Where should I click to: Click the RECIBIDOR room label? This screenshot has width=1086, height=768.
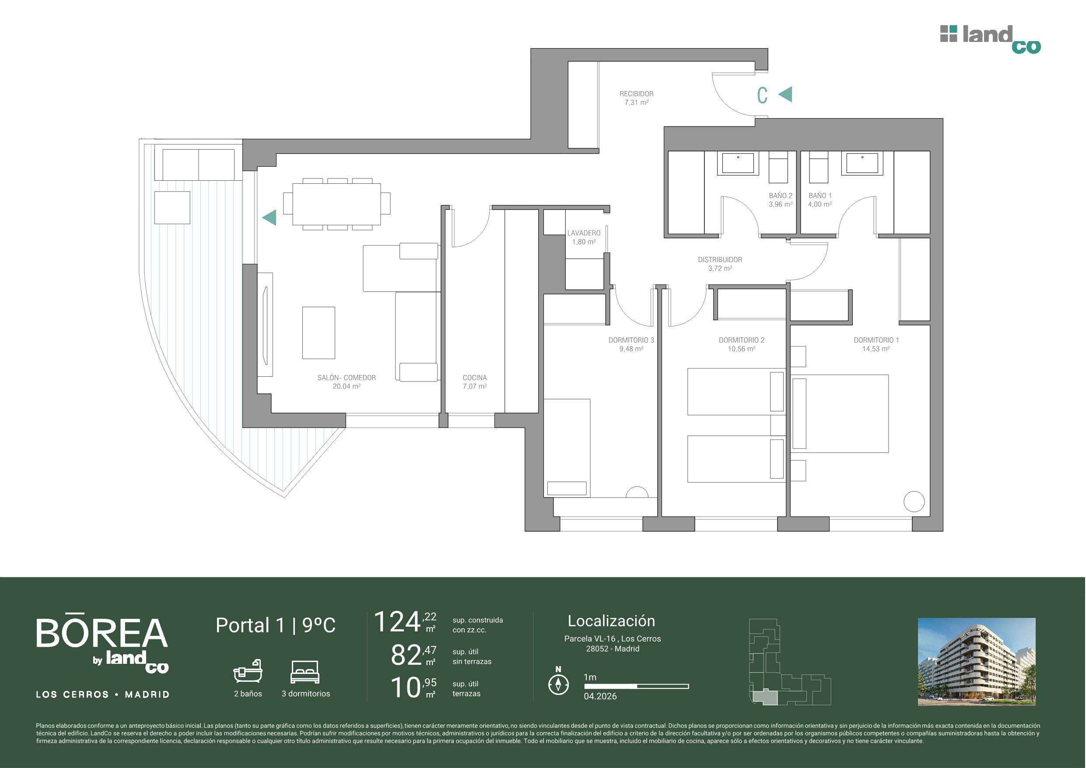click(636, 94)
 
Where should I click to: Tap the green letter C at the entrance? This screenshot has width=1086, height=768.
click(762, 95)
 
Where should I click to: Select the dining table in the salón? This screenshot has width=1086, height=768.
click(337, 204)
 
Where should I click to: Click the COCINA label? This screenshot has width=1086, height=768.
click(474, 378)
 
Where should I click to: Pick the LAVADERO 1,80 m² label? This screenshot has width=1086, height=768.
click(584, 237)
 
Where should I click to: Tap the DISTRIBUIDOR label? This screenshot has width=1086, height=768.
click(720, 260)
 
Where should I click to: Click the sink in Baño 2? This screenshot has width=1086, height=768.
click(738, 163)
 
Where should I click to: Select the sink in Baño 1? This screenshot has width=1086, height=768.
click(862, 163)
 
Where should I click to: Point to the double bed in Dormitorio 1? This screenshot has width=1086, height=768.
click(840, 414)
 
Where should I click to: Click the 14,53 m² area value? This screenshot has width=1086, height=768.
click(876, 349)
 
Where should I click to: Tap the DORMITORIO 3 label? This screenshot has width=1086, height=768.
click(631, 340)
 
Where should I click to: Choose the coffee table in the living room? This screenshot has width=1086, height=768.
click(319, 333)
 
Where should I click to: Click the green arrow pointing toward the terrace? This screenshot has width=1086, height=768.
click(270, 217)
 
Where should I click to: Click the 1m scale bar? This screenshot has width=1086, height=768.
click(636, 686)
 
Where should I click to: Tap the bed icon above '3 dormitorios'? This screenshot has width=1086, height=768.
click(305, 672)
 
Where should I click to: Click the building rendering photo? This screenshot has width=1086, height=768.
click(977, 662)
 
